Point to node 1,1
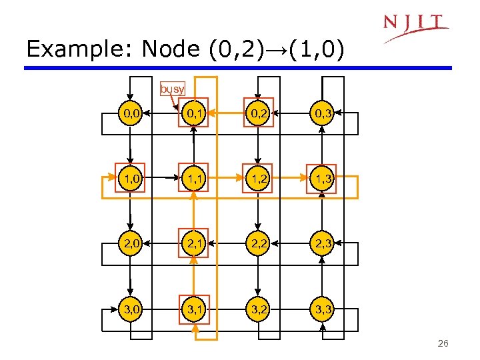coord(195,178)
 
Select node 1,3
coord(322,178)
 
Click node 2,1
coord(195,245)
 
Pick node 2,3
coord(322,245)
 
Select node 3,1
coord(195,309)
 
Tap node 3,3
coord(322,309)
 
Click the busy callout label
coord(172,88)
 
